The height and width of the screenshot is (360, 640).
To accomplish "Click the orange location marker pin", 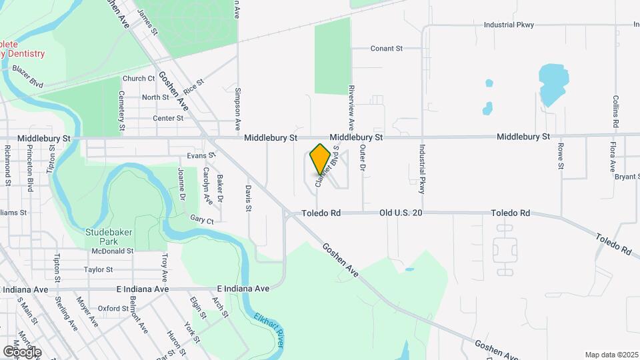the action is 320,159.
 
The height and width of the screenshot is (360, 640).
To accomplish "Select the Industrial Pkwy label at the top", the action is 509,25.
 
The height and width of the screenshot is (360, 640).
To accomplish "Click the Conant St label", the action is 387,49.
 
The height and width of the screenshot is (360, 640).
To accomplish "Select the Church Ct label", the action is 139,78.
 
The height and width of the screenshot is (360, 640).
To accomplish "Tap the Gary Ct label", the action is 201,219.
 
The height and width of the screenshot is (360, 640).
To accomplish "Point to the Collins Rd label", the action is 615,111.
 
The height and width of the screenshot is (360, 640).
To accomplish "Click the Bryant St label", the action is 627,177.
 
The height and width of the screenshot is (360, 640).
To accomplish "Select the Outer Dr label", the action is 363,158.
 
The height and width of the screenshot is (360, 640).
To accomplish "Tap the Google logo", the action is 22,351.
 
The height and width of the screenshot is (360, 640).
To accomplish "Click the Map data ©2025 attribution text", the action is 611,355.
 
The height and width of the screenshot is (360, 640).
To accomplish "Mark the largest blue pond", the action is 551,85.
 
